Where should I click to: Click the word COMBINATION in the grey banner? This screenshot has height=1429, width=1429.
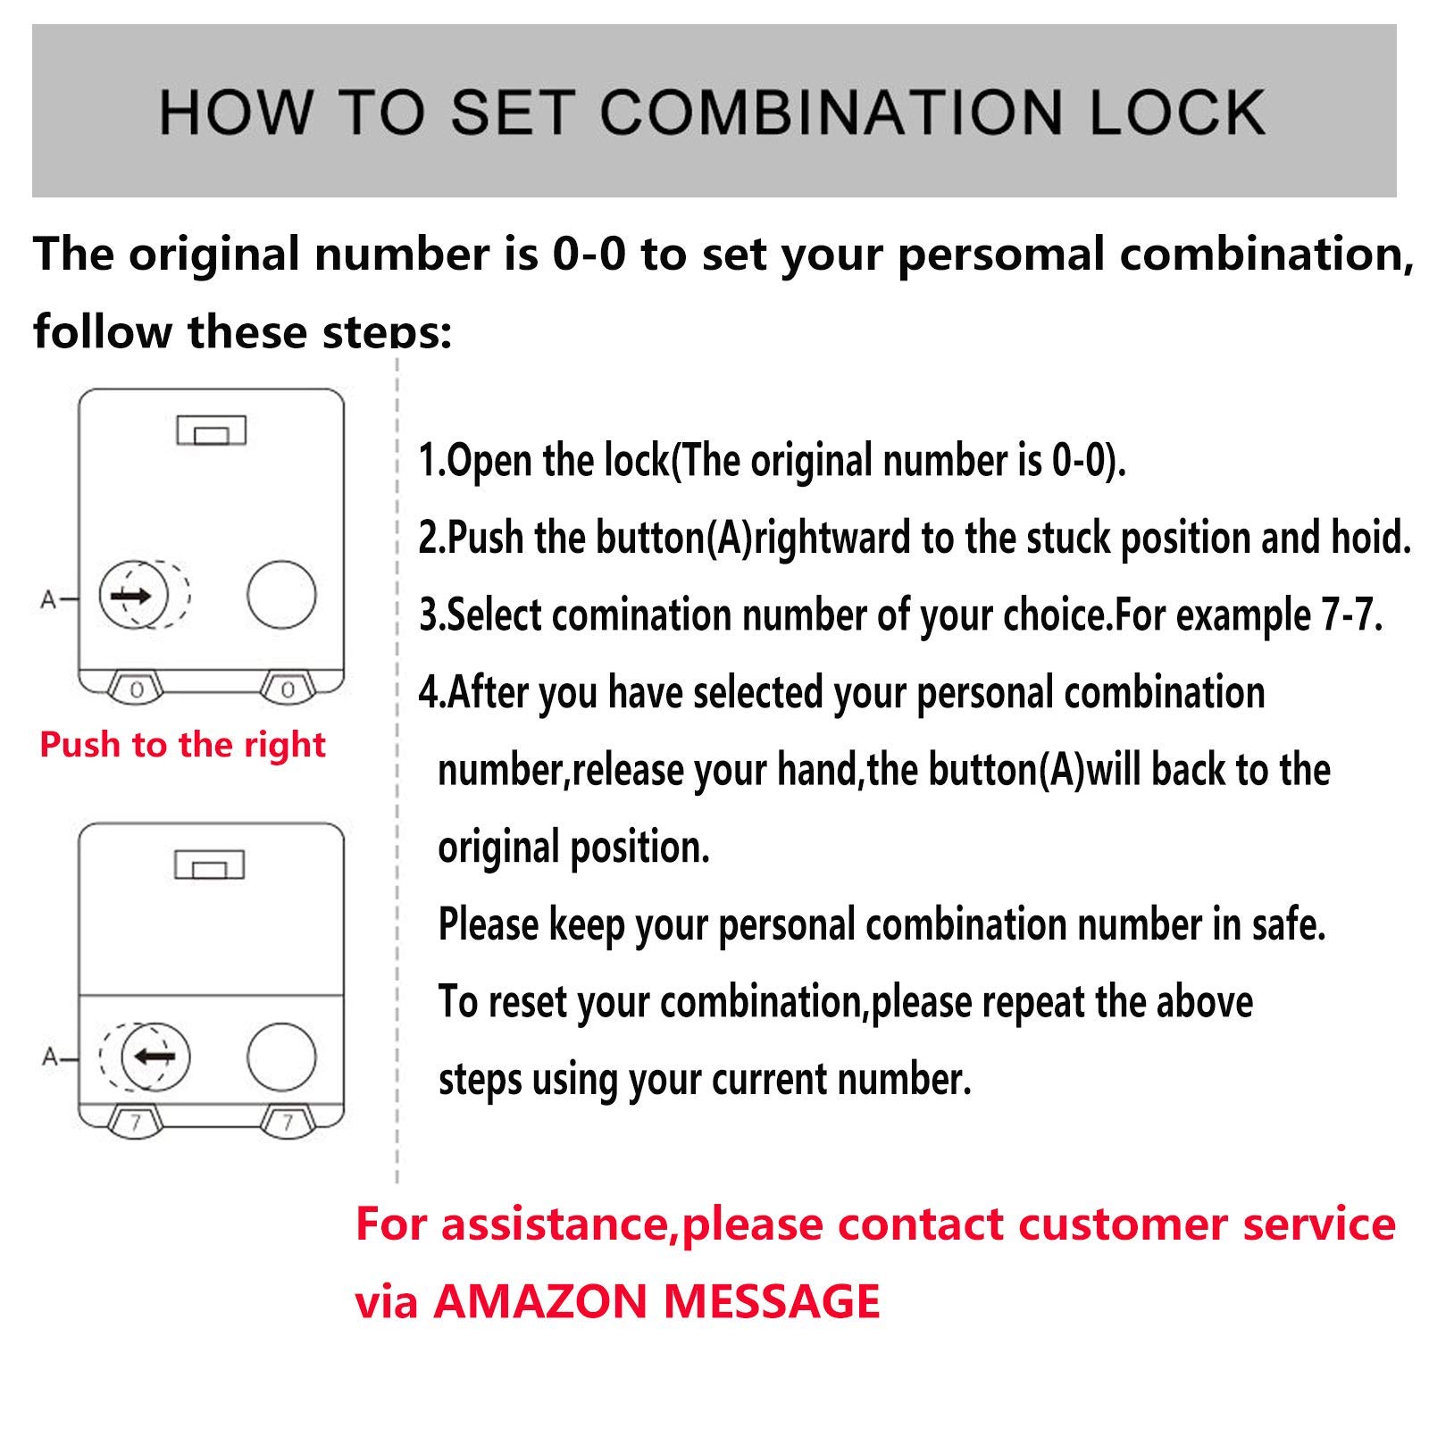pos(831,113)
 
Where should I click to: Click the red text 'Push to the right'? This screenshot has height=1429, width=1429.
pos(183,745)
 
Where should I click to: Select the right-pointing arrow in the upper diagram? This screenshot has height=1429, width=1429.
pos(131,595)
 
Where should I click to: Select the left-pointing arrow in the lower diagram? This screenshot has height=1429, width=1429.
pos(154,1057)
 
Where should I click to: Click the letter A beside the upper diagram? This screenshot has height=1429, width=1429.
pos(48,599)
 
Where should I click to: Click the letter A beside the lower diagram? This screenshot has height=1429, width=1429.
pos(50,1058)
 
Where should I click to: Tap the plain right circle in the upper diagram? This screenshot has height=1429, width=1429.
pos(281,595)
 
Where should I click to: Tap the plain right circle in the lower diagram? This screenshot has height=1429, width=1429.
pos(281,1057)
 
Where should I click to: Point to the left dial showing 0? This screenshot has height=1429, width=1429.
pos(137,689)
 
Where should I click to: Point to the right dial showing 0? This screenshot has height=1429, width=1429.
pos(288,689)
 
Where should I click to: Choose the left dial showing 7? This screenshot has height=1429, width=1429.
pos(136,1123)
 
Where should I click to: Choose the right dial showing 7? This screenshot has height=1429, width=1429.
pos(288,1123)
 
